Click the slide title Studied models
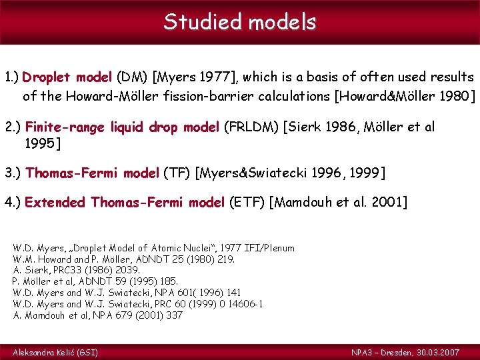tap(240, 22)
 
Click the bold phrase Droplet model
tap(67, 77)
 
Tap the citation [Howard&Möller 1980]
tap(407, 95)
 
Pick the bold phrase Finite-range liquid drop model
tap(122, 127)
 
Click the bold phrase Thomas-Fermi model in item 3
tap(93, 173)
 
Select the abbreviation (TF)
tap(177, 173)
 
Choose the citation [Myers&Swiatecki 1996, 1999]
tap(291, 173)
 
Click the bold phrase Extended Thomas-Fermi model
tap(125, 202)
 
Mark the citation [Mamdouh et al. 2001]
tap(337, 202)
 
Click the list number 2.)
tap(13, 127)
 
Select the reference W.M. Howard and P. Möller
tap(123, 259)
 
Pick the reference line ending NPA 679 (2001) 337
tap(98, 315)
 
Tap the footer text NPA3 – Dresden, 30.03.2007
tap(413, 351)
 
